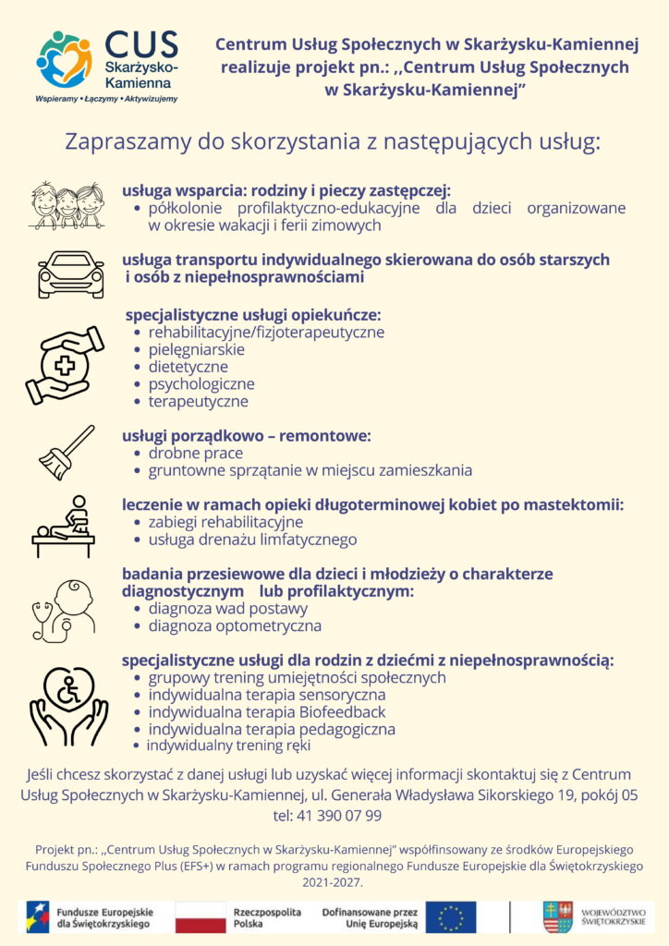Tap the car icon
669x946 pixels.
70,274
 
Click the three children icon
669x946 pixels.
67,204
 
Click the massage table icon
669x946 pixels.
64,527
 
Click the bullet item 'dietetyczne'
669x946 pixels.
188,367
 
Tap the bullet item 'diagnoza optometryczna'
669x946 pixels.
235,626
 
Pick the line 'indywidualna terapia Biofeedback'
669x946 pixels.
266,712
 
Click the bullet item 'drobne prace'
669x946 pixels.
195,453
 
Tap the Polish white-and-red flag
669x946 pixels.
201,916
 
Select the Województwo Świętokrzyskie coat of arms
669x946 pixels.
557,916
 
